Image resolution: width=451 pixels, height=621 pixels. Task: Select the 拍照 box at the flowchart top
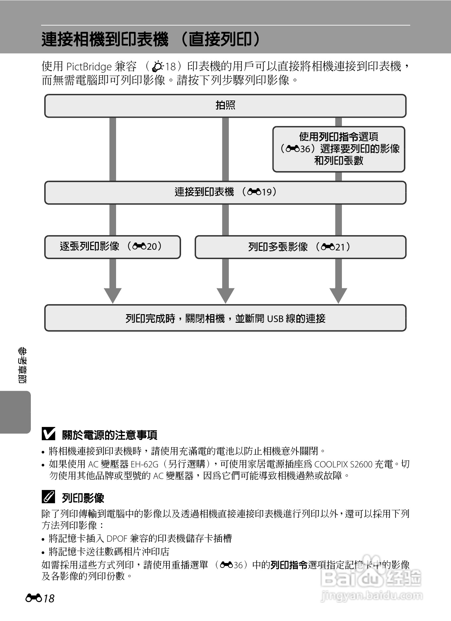225,106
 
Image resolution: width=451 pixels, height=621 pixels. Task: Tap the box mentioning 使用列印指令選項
339,149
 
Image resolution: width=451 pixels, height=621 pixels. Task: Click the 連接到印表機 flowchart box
225,192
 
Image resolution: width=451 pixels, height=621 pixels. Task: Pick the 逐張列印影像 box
112,247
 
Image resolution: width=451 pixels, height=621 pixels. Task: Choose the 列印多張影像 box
300,247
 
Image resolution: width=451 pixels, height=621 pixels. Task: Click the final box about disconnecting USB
225,318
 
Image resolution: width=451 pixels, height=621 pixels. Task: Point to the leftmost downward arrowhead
113,295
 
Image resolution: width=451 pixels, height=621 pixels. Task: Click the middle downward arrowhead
225,295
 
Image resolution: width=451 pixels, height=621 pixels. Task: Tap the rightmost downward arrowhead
338,295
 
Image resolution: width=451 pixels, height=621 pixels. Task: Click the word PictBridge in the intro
89,67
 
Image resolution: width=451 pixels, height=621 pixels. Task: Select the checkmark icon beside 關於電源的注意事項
49,434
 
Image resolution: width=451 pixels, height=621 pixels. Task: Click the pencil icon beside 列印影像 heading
49,497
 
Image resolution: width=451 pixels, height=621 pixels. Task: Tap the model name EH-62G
144,464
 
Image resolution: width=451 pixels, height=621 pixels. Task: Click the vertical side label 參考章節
22,365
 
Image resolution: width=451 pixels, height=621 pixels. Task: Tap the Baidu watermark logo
371,579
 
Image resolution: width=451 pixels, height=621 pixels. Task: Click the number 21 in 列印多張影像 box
340,247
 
